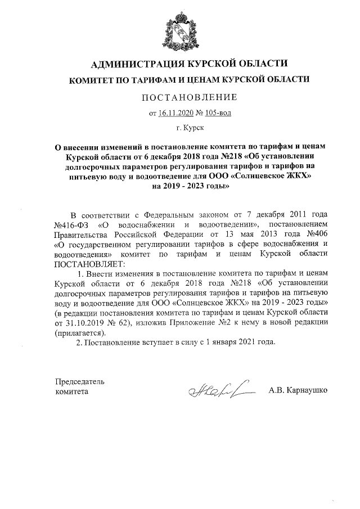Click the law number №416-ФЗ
tap(70, 226)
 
